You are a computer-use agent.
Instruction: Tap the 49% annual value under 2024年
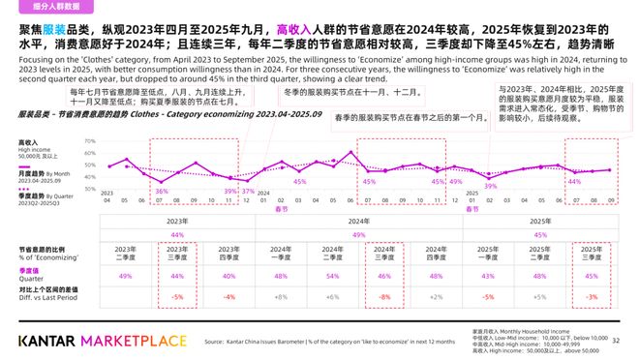click(x=357, y=234)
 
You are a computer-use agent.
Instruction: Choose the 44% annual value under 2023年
click(x=176, y=234)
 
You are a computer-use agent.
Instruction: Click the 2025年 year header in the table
click(x=539, y=222)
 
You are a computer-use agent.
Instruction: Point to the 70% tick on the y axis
click(x=90, y=141)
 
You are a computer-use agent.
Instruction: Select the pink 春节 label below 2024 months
click(x=281, y=208)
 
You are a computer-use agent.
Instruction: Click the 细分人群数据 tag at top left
click(x=42, y=7)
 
